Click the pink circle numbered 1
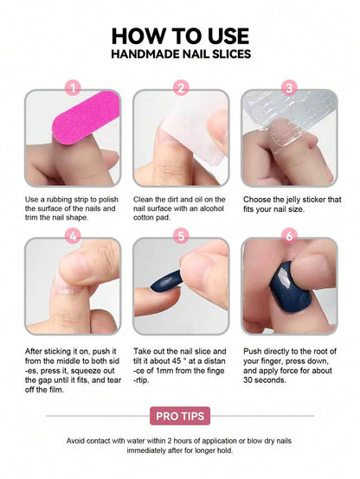point(73,87)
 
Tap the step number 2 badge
point(181,87)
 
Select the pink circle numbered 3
point(289,87)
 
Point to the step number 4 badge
point(73,236)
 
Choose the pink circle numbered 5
point(181,236)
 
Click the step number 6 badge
point(289,236)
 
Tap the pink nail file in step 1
point(86,117)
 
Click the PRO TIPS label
point(180,416)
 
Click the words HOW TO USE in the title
point(181,36)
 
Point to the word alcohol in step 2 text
point(212,208)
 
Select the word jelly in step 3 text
point(293,200)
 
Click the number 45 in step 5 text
point(177,361)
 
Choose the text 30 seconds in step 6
point(265,380)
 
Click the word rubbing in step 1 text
point(60,200)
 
